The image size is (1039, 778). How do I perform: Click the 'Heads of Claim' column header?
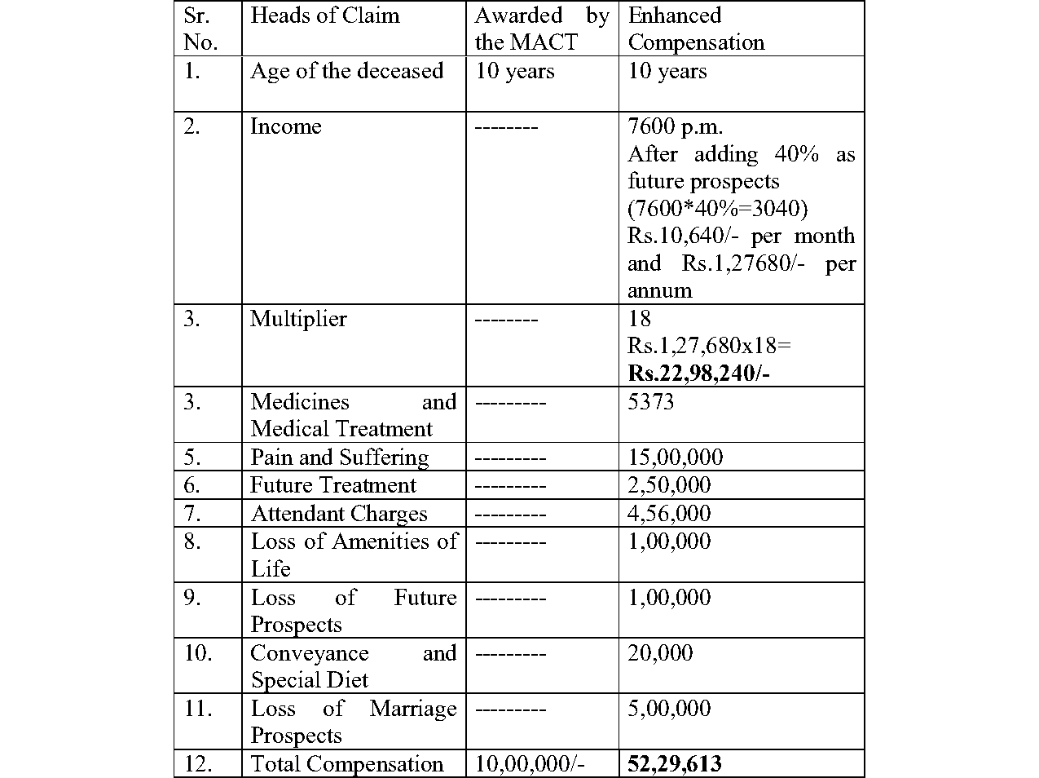click(324, 15)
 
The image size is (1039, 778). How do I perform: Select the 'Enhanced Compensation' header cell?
click(696, 29)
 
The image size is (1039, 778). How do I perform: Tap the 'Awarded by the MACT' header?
click(541, 29)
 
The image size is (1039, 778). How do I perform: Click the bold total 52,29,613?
click(674, 764)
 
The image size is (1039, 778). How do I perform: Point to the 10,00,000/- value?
click(530, 764)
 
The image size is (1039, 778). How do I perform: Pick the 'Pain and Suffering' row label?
click(339, 457)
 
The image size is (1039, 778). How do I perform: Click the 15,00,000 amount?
click(675, 457)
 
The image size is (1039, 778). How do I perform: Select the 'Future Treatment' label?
click(332, 485)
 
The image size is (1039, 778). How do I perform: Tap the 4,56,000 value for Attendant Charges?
click(669, 513)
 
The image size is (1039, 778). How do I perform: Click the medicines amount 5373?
click(650, 401)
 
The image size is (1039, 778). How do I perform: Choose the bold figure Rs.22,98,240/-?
click(698, 373)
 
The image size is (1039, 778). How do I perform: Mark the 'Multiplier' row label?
click(298, 318)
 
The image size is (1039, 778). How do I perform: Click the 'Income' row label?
click(285, 126)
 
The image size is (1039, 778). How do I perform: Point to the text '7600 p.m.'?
click(675, 126)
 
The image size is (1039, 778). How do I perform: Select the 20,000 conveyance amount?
click(660, 652)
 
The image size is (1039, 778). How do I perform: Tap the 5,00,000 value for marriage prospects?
click(669, 708)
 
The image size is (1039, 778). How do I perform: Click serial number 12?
click(198, 764)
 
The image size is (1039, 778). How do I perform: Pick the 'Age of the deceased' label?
click(346, 71)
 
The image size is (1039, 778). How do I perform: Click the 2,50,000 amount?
click(669, 485)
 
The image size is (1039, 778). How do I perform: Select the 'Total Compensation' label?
click(346, 764)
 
